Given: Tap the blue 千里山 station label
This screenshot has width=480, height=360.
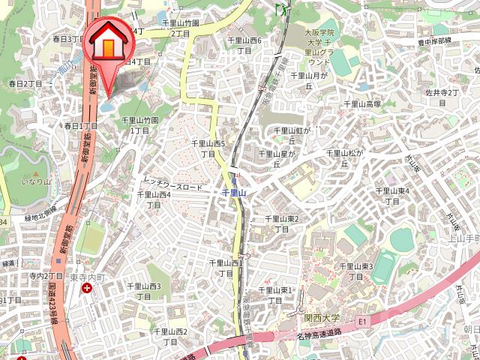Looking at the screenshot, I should [x=235, y=193].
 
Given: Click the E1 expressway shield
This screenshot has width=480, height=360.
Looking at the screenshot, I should [x=363, y=321].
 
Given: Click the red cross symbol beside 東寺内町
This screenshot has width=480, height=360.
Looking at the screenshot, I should [x=88, y=287].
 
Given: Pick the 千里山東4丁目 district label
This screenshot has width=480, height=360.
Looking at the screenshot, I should [x=391, y=196].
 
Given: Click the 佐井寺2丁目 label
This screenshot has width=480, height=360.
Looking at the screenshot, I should [x=442, y=97].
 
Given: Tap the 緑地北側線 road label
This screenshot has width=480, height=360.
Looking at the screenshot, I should [x=40, y=213].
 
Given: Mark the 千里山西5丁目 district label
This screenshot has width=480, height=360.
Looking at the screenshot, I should [x=208, y=148].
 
